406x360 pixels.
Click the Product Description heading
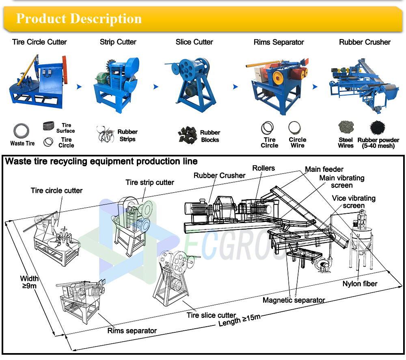click(79, 19)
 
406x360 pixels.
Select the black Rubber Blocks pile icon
click(187, 135)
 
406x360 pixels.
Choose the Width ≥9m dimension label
click(30, 282)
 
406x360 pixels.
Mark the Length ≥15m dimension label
click(240, 320)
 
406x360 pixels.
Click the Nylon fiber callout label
click(359, 284)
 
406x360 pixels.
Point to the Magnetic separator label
click(294, 300)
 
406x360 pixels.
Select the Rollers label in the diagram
click(263, 168)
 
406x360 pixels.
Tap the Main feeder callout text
click(324, 169)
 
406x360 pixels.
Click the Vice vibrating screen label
click(353, 202)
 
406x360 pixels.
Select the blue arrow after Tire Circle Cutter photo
click(79, 87)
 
